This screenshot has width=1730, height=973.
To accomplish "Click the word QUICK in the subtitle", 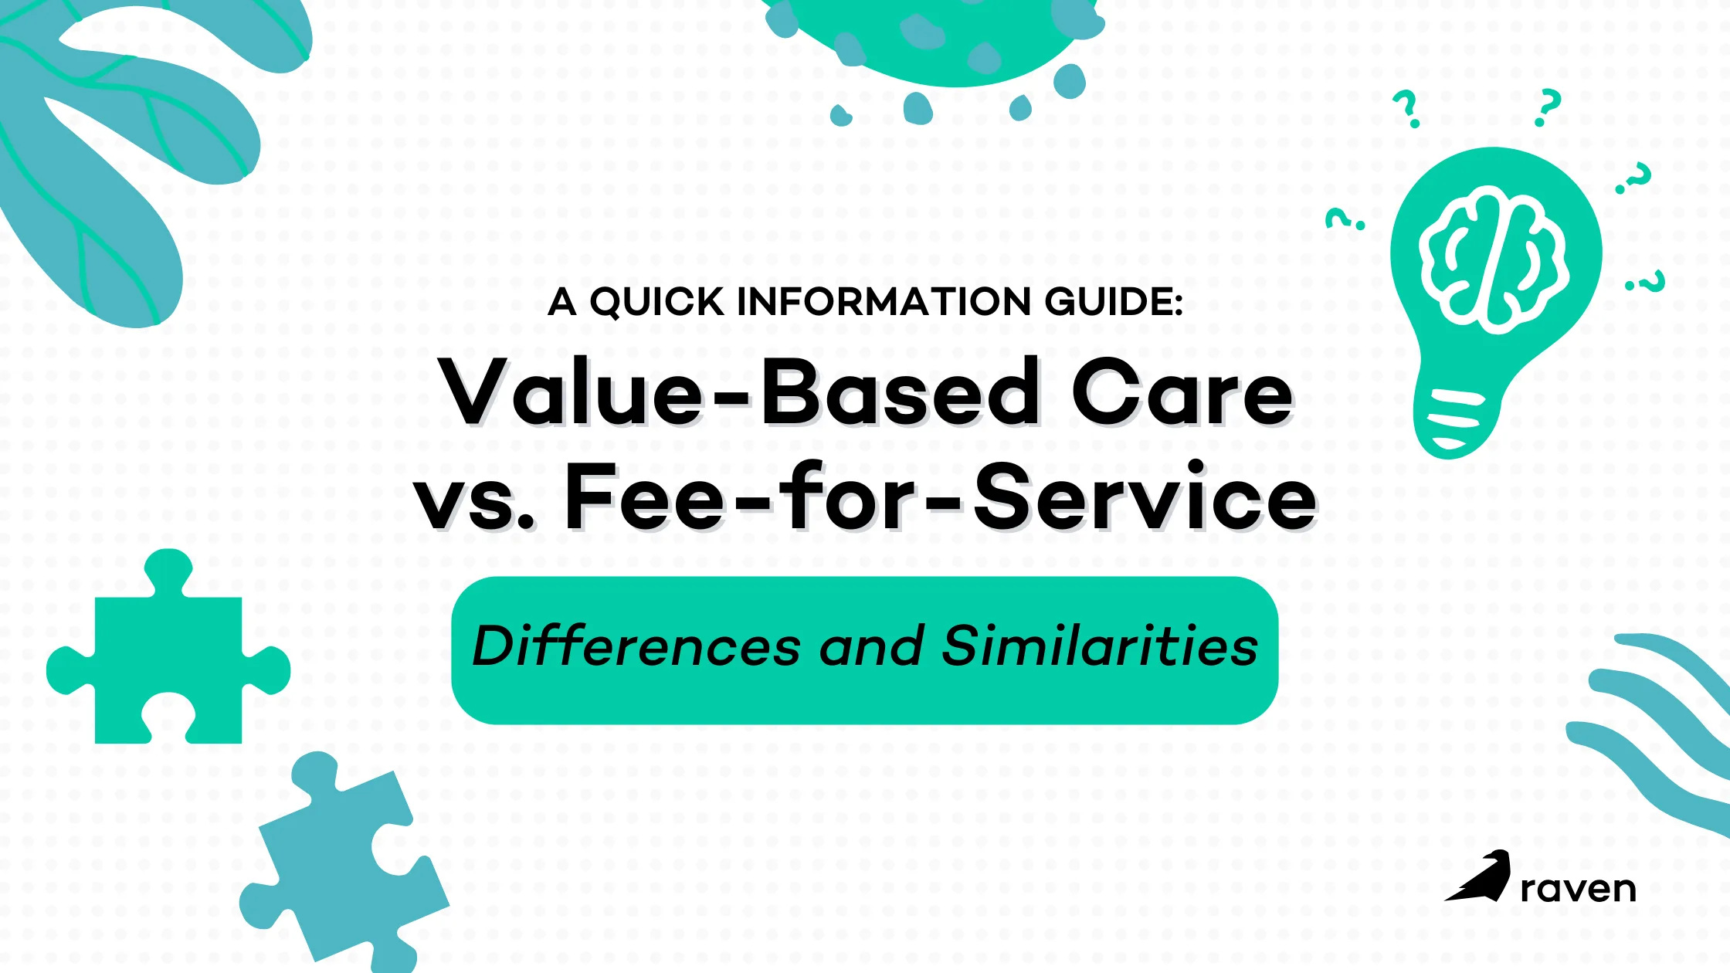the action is point(657,302).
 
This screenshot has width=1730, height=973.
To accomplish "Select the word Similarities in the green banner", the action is point(1100,646).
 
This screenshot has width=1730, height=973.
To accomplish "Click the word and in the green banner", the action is point(871,646).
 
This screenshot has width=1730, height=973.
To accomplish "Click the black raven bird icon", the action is point(1477,876).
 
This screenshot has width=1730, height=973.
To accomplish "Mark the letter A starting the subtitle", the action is point(562,302).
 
